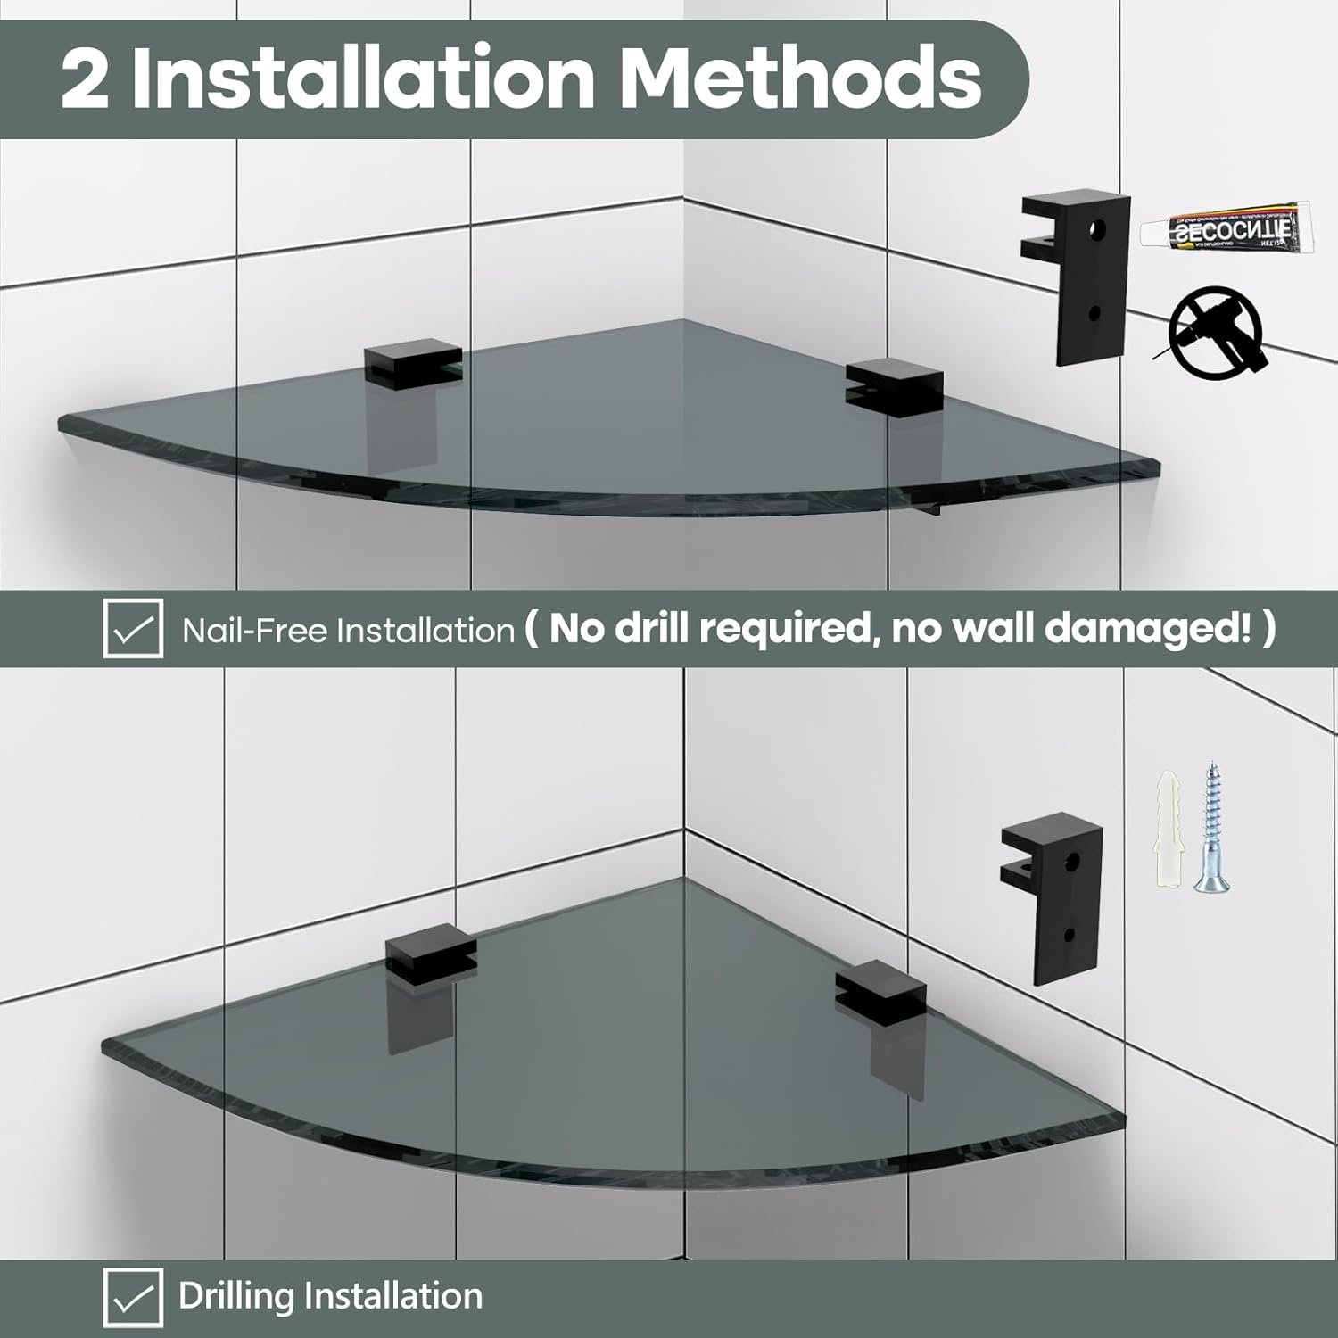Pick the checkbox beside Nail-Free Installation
[133, 629]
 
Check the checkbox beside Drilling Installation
[133, 1296]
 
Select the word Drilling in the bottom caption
[235, 1296]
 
